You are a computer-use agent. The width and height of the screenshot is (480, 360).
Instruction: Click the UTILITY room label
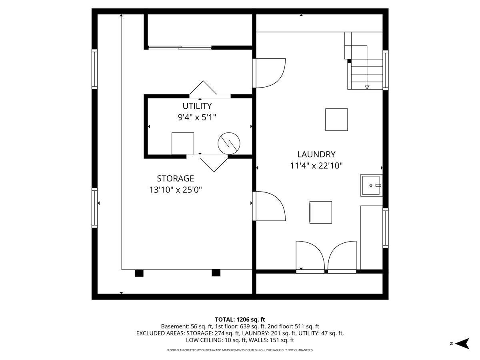(197, 106)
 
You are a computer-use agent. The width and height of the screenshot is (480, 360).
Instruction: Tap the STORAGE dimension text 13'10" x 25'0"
(176, 190)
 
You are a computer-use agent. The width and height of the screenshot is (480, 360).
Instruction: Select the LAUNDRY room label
(316, 154)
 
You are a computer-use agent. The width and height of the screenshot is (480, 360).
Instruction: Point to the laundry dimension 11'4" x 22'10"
(316, 166)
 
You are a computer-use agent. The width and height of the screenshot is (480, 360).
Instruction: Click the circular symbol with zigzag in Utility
(229, 143)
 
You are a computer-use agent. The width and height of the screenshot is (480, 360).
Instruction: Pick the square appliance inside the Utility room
(183, 143)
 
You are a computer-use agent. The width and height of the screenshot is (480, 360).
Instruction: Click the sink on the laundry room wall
(371, 185)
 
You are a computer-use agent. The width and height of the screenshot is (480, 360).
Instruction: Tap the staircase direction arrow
(367, 86)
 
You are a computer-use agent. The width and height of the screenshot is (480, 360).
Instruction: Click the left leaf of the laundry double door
(310, 256)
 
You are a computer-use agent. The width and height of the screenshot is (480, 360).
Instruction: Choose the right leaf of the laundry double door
(342, 256)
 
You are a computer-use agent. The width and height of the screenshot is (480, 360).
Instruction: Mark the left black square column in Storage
(139, 273)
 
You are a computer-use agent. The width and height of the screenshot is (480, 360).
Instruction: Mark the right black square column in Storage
(216, 273)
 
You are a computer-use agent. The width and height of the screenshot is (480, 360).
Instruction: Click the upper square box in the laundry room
(336, 119)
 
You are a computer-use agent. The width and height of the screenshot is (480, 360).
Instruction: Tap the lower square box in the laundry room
(321, 212)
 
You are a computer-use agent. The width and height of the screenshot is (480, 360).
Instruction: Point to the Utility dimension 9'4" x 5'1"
(197, 117)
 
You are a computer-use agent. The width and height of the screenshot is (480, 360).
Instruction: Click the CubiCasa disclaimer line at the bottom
(240, 350)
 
